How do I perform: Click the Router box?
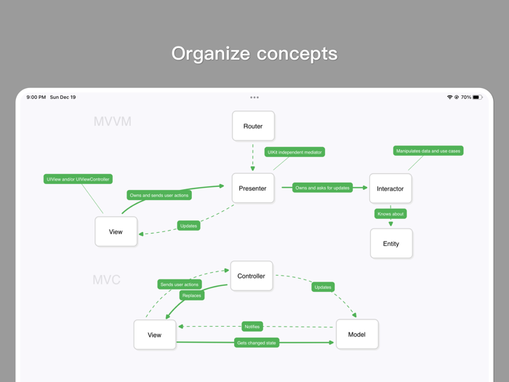click(x=253, y=126)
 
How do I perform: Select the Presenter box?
click(x=253, y=188)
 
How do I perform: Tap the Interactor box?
click(x=390, y=188)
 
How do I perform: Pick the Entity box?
click(x=391, y=244)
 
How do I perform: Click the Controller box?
click(x=252, y=276)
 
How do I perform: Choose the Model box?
click(x=357, y=334)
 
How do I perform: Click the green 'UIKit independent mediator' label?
click(x=294, y=152)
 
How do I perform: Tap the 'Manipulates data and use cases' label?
click(x=428, y=151)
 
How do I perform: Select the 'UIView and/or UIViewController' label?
click(x=78, y=179)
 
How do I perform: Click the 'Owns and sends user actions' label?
click(x=159, y=195)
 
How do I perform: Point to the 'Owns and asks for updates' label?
click(x=322, y=188)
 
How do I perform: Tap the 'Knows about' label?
click(x=390, y=214)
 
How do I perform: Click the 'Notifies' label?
click(x=252, y=327)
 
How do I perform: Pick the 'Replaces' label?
click(x=191, y=295)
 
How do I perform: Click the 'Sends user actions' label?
click(x=180, y=284)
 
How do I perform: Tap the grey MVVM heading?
click(x=113, y=122)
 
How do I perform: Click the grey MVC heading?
click(x=106, y=280)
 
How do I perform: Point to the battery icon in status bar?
click(x=477, y=97)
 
